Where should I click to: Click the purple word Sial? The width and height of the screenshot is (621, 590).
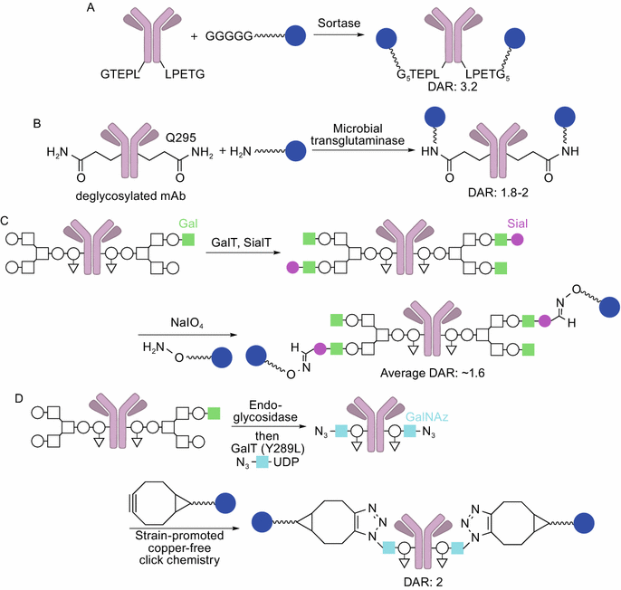tap(519, 223)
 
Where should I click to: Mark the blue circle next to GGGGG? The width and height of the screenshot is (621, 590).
tap(295, 38)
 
